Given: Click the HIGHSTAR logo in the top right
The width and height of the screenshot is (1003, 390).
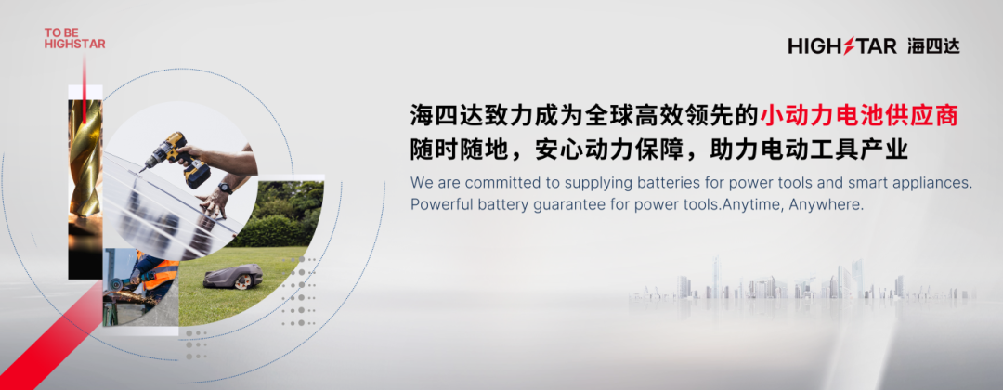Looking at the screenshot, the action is coord(841,46).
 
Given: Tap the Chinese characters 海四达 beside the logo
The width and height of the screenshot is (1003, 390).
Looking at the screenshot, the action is coord(933,46).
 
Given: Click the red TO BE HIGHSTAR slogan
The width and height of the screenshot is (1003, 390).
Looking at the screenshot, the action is coord(75,38).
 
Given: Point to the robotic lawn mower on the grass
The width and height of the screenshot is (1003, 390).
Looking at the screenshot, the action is coord(233,276).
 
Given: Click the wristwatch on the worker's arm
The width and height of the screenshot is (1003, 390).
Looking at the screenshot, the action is coord(225,188).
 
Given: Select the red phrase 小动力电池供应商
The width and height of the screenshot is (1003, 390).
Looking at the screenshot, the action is coord(859,116).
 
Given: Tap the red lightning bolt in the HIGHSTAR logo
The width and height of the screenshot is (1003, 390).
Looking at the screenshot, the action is coord(849,46).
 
